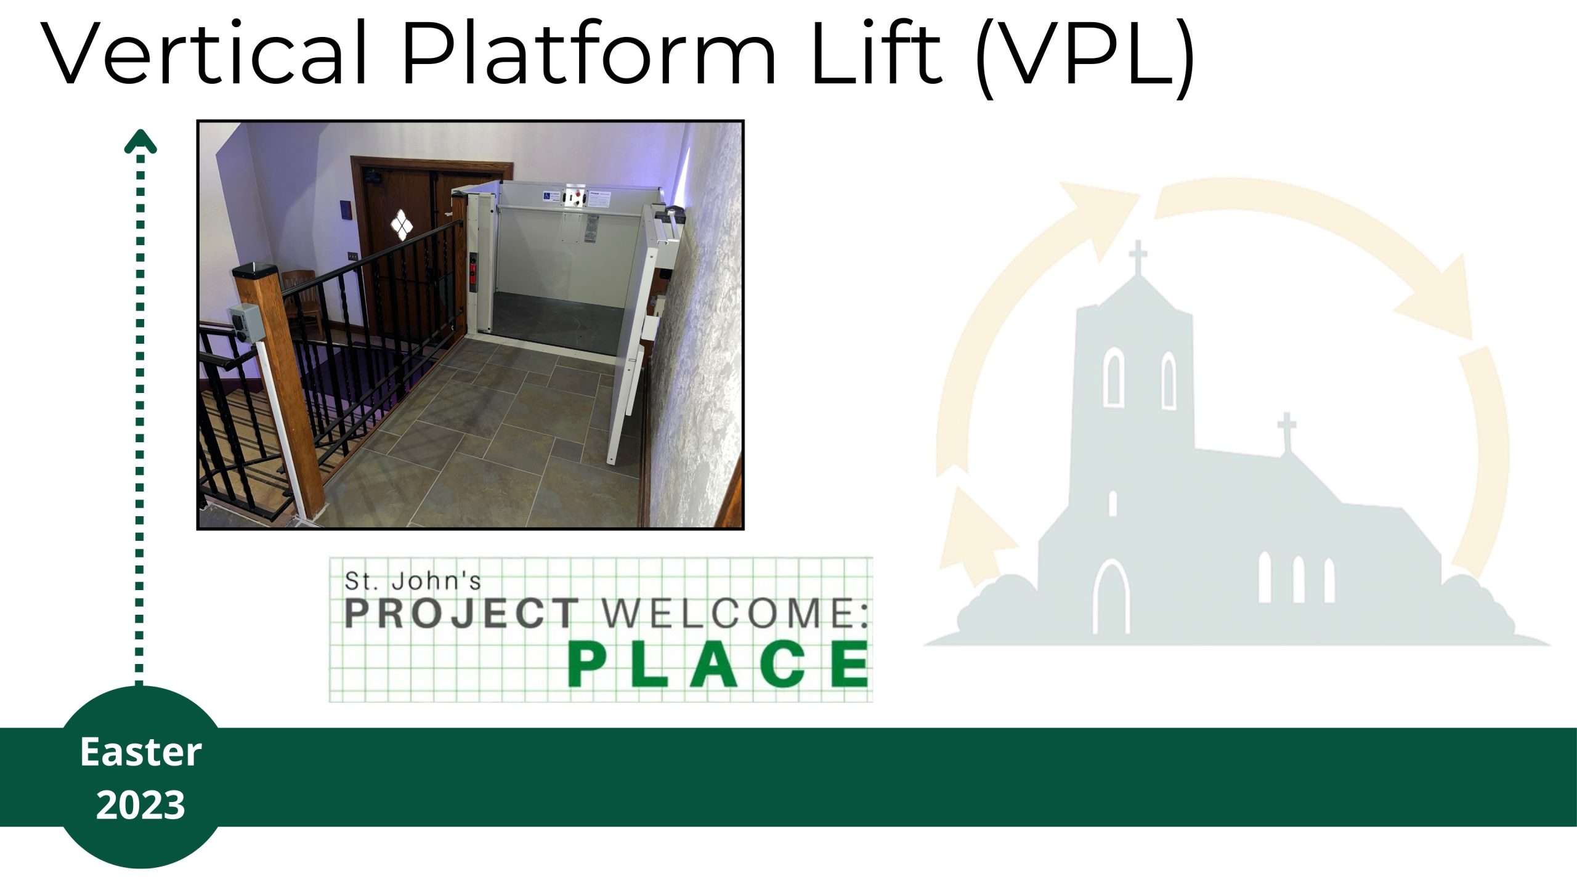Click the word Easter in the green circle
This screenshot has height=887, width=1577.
coord(140,752)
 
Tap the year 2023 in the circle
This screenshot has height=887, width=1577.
coord(140,804)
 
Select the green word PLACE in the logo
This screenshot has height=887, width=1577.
coord(718,664)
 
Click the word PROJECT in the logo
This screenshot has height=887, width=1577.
coord(461,613)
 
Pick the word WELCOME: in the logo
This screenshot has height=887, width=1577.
coord(735,613)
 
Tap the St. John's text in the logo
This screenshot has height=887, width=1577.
coord(413,580)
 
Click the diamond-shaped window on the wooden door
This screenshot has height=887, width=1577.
coord(401,223)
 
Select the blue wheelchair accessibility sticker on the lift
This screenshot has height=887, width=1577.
coord(546,196)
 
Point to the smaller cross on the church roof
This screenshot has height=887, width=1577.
coord(1286,431)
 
